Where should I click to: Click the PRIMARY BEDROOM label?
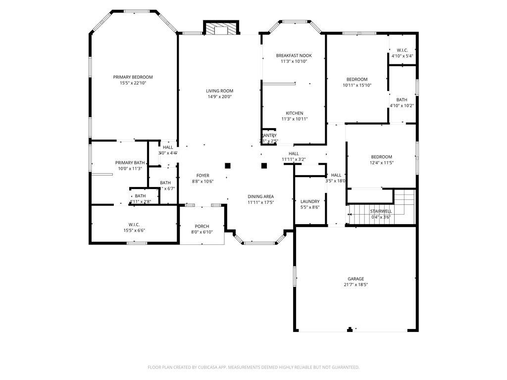(x=133, y=77)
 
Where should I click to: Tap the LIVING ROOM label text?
(x=219, y=91)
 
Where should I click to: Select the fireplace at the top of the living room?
(x=221, y=29)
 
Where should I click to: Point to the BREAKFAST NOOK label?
(x=294, y=55)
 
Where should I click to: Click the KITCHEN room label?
(x=294, y=113)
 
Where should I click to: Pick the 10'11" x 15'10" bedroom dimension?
(x=356, y=86)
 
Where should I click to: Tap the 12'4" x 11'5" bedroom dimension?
(x=381, y=163)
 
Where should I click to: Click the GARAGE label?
(x=355, y=279)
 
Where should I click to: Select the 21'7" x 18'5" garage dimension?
(x=355, y=285)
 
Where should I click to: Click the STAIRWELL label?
(x=381, y=211)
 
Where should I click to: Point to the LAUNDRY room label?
(x=310, y=201)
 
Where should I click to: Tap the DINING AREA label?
(x=260, y=196)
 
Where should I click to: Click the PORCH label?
(x=202, y=227)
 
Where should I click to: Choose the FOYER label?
(x=203, y=176)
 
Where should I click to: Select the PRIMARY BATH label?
(x=130, y=163)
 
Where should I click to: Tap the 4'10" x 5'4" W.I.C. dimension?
(x=402, y=56)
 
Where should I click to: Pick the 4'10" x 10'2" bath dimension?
(x=402, y=105)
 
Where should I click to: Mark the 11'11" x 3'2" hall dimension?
(x=294, y=159)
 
